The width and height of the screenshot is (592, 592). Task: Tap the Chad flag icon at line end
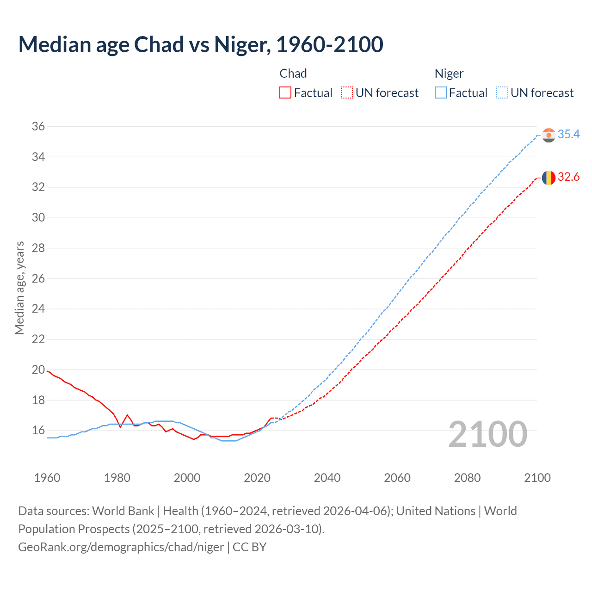549,178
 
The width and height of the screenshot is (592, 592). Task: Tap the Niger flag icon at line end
549,135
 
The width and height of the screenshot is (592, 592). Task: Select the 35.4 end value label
568,134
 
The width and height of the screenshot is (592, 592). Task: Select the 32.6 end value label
568,177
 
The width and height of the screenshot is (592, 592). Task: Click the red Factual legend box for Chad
285,93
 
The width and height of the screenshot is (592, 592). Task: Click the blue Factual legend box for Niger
441,93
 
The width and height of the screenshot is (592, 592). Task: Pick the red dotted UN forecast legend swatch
347,93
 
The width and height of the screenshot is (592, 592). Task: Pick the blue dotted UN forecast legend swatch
502,93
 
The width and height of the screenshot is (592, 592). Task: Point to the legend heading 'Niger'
449,74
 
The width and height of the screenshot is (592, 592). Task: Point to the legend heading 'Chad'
293,74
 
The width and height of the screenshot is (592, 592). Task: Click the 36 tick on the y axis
38,127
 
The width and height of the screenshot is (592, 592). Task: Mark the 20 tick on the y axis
38,370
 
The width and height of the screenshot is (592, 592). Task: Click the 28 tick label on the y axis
38,248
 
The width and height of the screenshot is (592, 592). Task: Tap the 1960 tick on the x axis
47,478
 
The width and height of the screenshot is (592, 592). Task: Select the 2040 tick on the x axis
327,478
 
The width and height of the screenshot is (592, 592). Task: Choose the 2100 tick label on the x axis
537,478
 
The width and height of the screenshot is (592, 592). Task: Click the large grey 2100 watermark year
487,434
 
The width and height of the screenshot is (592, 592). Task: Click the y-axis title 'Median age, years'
19,288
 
